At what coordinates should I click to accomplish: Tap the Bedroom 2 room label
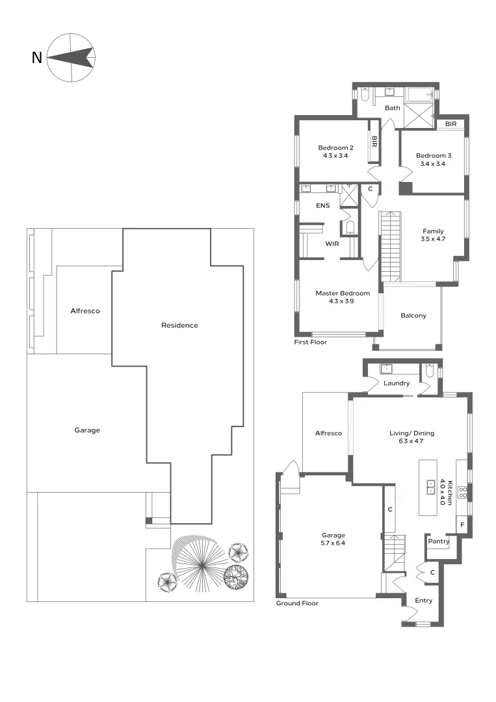(335, 148)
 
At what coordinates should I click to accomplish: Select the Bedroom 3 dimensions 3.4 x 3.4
(433, 164)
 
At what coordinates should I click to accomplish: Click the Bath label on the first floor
(392, 108)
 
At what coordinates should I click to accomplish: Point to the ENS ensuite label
(323, 206)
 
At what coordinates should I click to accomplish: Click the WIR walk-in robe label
(333, 244)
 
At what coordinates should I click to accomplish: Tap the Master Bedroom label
(343, 293)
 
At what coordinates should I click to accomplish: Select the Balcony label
(413, 316)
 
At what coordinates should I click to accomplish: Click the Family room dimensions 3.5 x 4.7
(433, 239)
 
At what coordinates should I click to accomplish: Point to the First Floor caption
(311, 342)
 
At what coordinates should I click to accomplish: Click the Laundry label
(397, 383)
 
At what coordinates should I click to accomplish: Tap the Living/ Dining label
(411, 433)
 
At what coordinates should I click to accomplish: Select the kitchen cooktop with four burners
(463, 492)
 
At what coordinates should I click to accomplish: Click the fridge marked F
(462, 525)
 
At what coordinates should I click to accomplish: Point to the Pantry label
(439, 540)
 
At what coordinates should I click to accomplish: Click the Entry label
(423, 601)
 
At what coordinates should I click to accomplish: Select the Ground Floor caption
(297, 604)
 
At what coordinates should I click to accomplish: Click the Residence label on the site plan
(179, 325)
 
